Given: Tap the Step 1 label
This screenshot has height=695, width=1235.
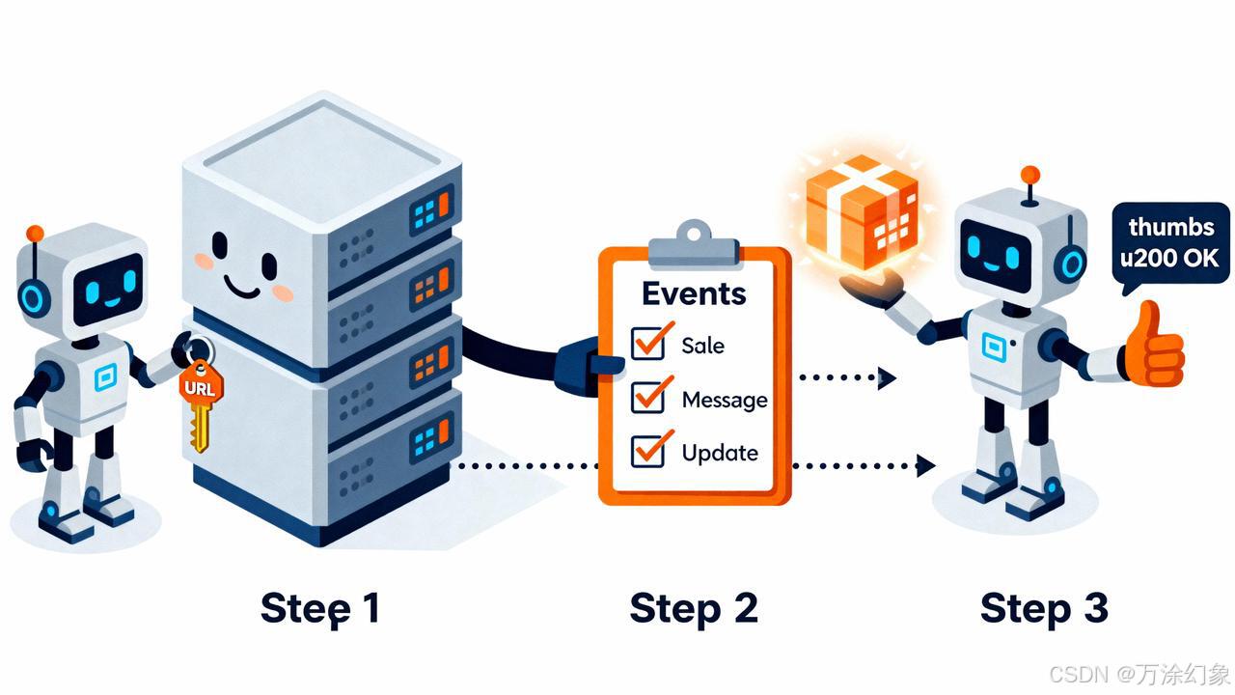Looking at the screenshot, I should pos(320,608).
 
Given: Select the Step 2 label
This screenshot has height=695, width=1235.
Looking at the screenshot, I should pos(694,608).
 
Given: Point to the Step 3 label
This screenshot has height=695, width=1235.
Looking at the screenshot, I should pos(1044,608).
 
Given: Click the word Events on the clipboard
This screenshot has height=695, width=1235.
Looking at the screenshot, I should pos(694,292).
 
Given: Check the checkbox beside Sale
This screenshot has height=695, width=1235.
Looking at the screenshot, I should pos(647,344).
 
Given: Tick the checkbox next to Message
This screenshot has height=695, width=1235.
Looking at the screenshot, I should pos(647,397).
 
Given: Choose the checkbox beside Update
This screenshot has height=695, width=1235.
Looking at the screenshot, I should pos(647,451).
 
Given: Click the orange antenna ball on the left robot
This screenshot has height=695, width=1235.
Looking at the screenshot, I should pos(35,234).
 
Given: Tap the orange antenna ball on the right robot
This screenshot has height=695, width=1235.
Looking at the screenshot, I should pos(1030,175).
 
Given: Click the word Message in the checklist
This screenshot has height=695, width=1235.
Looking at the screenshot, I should pos(725,399).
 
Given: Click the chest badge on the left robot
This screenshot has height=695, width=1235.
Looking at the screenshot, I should pos(105,378).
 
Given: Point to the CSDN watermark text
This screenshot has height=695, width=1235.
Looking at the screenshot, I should pos(1139,673).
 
